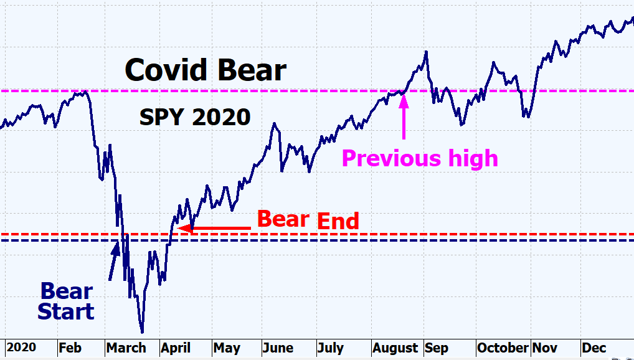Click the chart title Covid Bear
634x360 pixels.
point(206,70)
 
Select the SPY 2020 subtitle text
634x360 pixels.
point(194,116)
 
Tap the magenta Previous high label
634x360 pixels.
point(420,158)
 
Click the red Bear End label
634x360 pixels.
point(308,219)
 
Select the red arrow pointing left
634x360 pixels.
point(215,229)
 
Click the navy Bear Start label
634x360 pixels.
point(66,301)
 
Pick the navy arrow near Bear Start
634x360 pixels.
point(114,260)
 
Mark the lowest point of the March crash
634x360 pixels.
point(142,332)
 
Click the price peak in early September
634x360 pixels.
point(426,52)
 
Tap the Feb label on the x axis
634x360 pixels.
point(70,348)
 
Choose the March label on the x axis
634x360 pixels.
point(126,348)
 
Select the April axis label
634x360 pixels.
point(176,348)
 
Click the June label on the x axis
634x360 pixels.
point(278,348)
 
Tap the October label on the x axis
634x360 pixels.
point(502,348)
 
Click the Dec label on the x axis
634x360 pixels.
point(593,348)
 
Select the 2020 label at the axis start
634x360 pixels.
point(21,348)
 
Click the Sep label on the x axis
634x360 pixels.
point(436,348)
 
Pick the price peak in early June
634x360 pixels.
point(273,123)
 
